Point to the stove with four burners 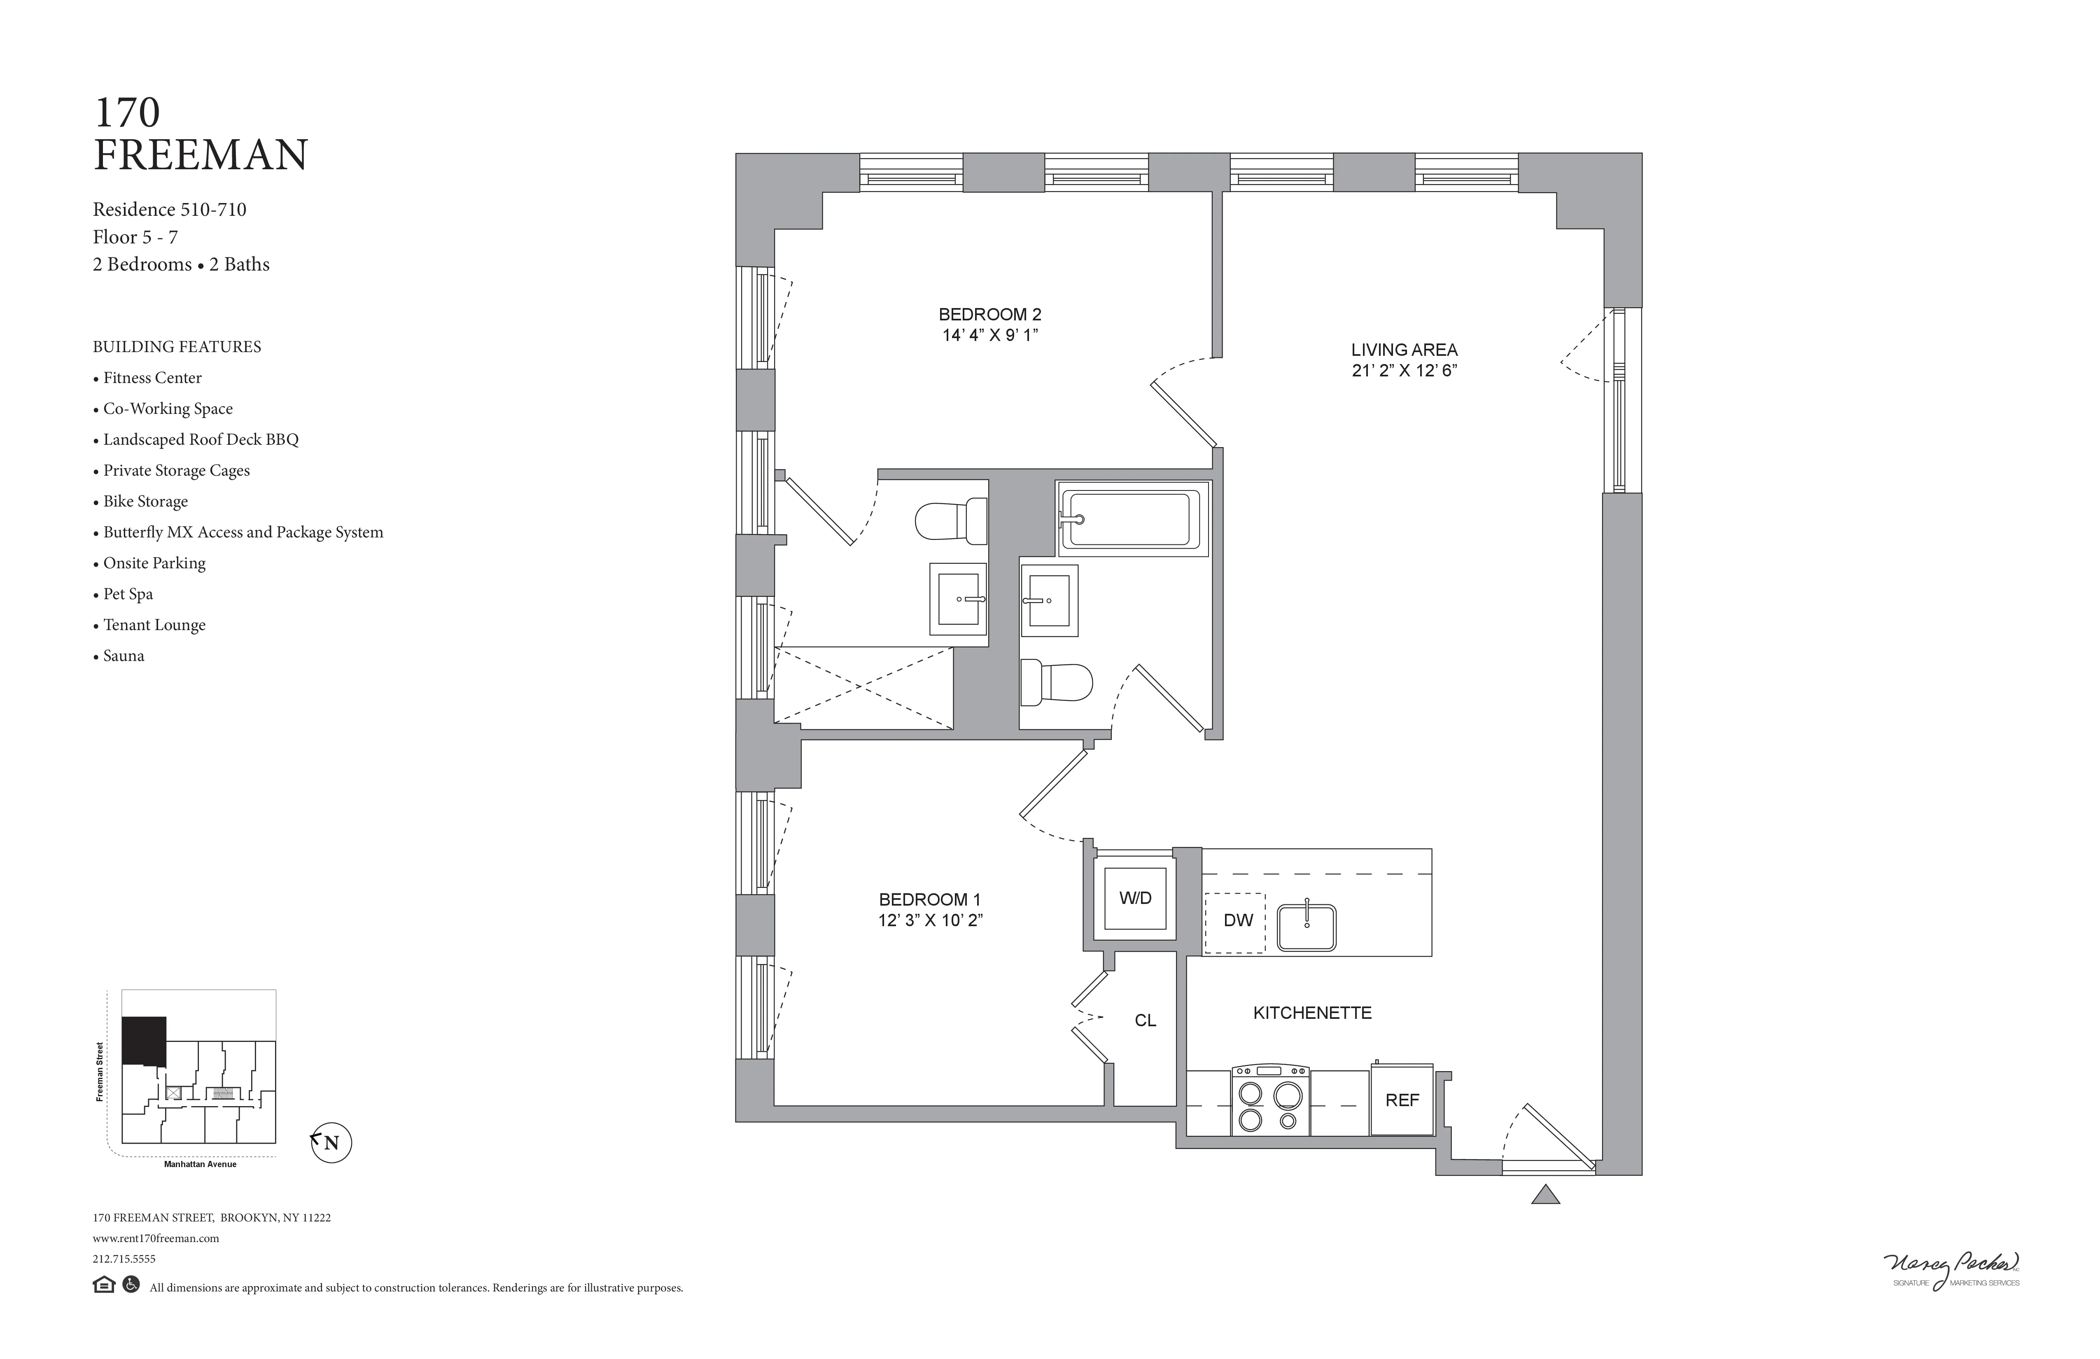point(1270,1100)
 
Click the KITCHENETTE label point(1312,1013)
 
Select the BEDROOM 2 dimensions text point(990,335)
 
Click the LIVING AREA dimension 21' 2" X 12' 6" point(1404,371)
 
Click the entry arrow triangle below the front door point(1545,1196)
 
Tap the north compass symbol point(331,1143)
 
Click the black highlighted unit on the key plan point(143,1039)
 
